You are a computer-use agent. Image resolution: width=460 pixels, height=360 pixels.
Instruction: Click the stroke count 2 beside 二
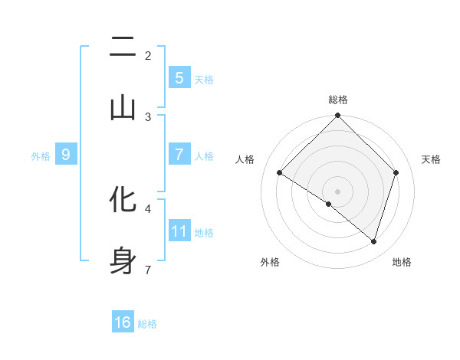(x=148, y=56)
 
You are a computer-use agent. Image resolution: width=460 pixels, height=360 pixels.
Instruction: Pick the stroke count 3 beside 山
(x=148, y=116)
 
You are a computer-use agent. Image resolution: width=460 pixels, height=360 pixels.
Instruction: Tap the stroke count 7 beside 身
(x=148, y=269)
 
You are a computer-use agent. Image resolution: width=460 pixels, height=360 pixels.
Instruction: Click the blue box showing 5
(x=179, y=77)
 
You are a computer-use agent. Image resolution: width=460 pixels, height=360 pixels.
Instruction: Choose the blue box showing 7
(x=179, y=154)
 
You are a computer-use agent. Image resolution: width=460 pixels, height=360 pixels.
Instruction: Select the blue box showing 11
(x=179, y=231)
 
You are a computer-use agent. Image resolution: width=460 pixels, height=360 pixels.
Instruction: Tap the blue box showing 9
(x=66, y=155)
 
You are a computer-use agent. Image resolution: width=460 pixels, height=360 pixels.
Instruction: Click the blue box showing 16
(x=123, y=322)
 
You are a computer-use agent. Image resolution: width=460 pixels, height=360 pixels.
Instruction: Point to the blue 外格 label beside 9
(x=41, y=155)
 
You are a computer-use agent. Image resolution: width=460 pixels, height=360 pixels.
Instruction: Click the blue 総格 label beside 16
(x=147, y=324)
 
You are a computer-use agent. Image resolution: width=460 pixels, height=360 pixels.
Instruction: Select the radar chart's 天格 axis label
(x=431, y=159)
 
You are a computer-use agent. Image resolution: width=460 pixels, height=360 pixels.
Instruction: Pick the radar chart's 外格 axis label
(x=270, y=262)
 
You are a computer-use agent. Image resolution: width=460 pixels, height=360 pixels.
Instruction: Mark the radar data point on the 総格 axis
(x=337, y=116)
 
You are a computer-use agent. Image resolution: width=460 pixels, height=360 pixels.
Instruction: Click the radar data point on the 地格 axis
(x=373, y=241)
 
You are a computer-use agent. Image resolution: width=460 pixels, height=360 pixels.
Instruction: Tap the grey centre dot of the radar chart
(x=337, y=191)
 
